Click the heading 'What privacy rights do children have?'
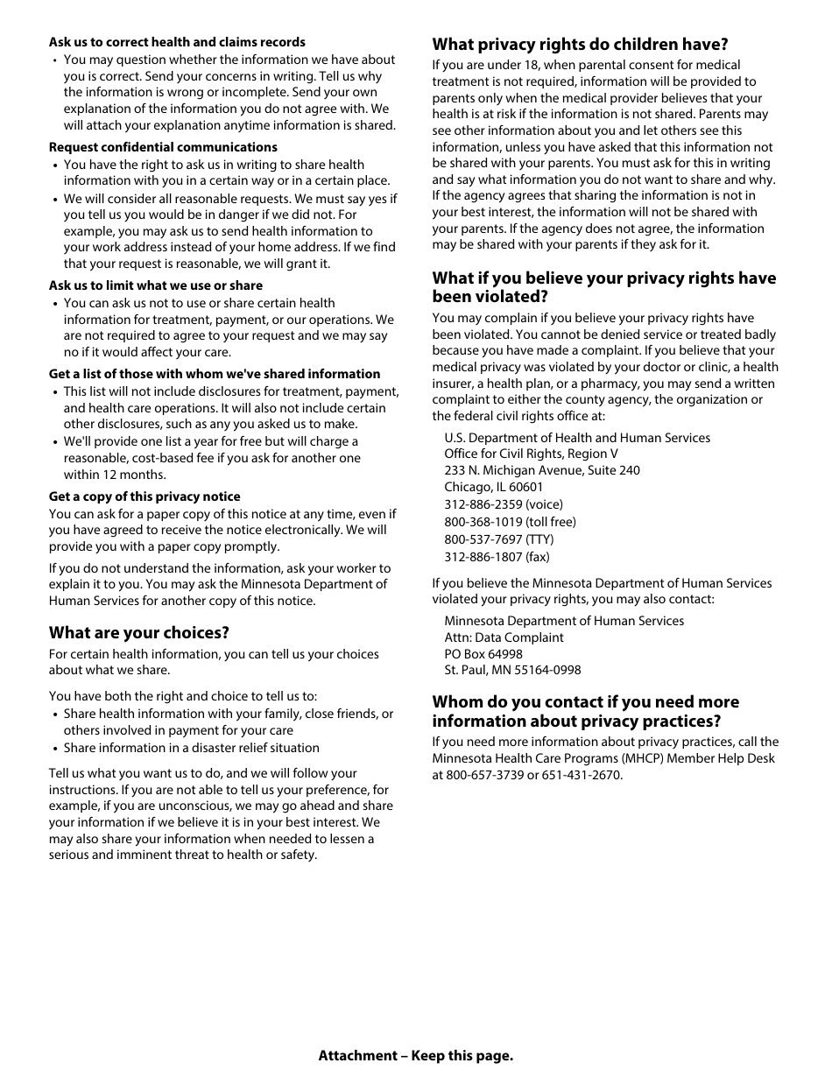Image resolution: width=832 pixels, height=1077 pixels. coord(580,45)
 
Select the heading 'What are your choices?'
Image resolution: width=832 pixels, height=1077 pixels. coord(138,632)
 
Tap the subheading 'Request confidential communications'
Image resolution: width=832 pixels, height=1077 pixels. coord(163,147)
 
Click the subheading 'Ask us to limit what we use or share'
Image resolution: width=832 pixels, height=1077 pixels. coord(155,285)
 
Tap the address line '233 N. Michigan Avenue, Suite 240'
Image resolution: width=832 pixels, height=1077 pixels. coord(541,470)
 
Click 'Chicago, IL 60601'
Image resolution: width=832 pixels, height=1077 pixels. coord(493,487)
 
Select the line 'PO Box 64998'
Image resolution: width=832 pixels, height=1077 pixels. coord(483,654)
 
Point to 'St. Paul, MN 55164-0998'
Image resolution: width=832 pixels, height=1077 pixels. coord(512,670)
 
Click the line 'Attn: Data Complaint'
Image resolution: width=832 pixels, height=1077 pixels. coord(504,637)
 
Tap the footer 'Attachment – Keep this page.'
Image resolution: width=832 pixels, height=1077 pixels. coord(416,1055)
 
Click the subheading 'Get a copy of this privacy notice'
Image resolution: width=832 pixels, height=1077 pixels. coord(145,496)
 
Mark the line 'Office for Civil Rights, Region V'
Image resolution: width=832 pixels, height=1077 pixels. coord(531,454)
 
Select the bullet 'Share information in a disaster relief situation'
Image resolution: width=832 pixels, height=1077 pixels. coord(191,748)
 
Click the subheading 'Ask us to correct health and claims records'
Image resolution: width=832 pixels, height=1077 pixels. coord(177,42)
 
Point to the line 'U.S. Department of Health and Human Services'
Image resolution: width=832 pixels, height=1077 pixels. coord(577,438)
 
